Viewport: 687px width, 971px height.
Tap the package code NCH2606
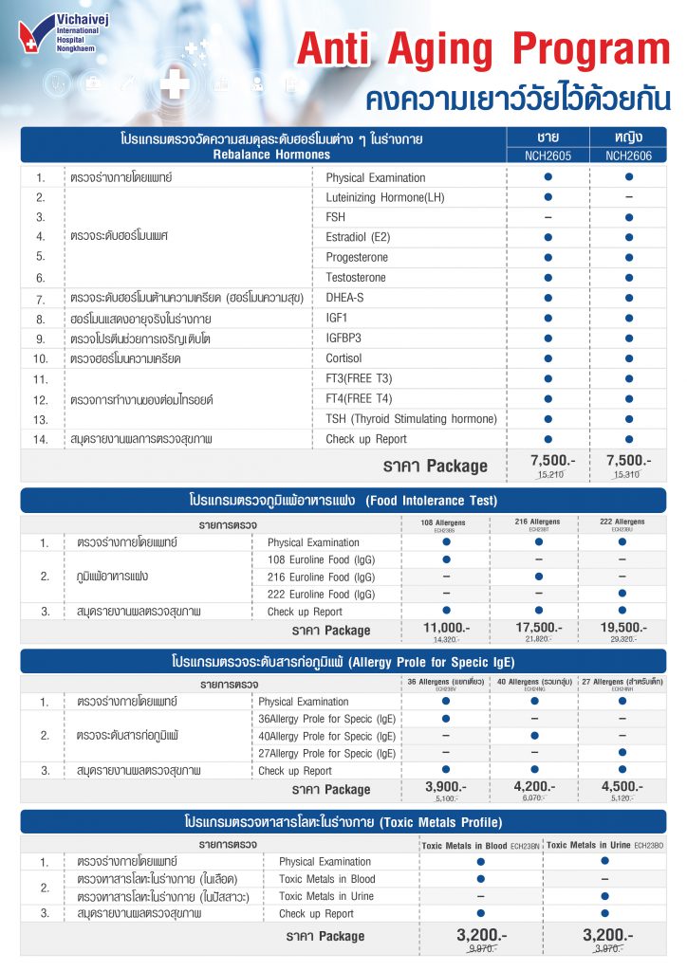click(x=627, y=155)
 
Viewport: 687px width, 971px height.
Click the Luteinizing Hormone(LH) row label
click(x=384, y=197)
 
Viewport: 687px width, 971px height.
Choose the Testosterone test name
click(x=356, y=277)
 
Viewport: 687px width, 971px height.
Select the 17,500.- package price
click(x=537, y=628)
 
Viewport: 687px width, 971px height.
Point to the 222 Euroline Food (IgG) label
click(x=321, y=595)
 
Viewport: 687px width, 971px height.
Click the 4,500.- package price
click(x=622, y=786)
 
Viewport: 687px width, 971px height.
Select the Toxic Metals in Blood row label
click(x=327, y=879)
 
